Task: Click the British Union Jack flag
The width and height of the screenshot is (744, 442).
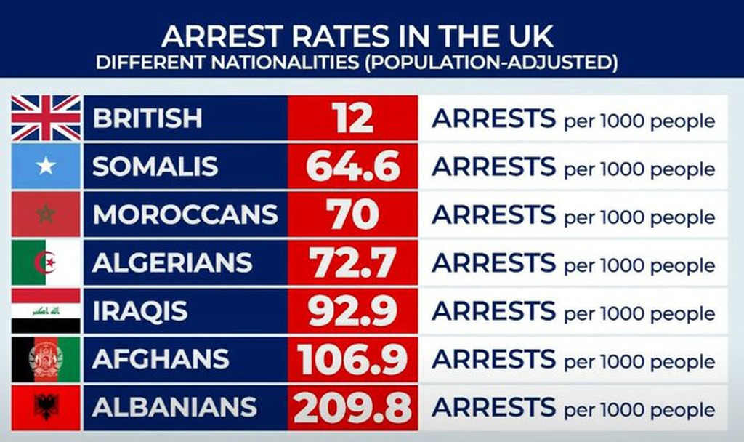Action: pos(46,118)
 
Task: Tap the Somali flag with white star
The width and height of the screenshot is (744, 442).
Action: pos(46,166)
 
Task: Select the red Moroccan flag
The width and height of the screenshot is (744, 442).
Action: pos(46,214)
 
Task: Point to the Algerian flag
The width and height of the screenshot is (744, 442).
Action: pos(46,262)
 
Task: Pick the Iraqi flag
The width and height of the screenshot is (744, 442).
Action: pos(46,310)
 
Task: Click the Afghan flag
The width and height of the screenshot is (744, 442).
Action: pos(46,358)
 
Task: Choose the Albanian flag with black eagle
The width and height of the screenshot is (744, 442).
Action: pos(46,406)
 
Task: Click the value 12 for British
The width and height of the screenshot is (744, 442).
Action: pos(353,118)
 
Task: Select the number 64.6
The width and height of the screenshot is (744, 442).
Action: pos(353,166)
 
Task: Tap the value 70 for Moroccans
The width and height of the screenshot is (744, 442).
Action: pos(352,214)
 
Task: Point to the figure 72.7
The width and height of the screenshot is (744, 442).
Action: pos(353,262)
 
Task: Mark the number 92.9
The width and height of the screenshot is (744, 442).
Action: pos(353,310)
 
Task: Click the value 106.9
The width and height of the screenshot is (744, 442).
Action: pos(353,359)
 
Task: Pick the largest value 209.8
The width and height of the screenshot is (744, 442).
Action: pos(353,407)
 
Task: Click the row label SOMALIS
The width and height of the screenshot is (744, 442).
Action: pos(155,166)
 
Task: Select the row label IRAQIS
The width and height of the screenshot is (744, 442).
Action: pos(140,310)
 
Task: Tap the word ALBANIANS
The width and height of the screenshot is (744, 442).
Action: pos(174,407)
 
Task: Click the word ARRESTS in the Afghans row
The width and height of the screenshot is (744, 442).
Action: pos(493,359)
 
